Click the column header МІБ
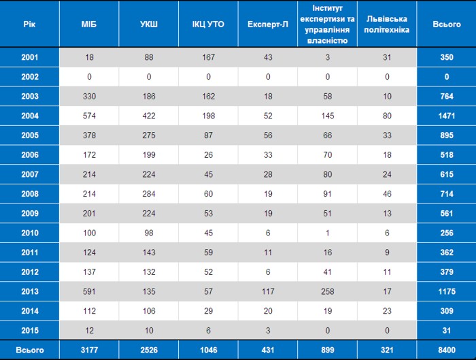point(89,24)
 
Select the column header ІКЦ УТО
point(208,24)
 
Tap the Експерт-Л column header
point(268,24)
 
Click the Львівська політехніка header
point(387,24)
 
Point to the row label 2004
point(30,116)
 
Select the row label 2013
point(30,291)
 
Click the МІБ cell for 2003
point(89,97)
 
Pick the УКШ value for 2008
point(149,194)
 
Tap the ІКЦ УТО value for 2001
point(209,57)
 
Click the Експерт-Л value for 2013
point(268,291)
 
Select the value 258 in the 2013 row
point(328,291)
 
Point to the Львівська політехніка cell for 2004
point(387,116)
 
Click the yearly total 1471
point(447,116)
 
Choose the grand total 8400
point(447,350)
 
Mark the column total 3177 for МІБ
point(89,350)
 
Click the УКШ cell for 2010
point(149,233)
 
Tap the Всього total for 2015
point(447,331)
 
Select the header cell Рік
point(29,24)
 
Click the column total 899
point(328,350)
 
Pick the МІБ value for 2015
point(89,331)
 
